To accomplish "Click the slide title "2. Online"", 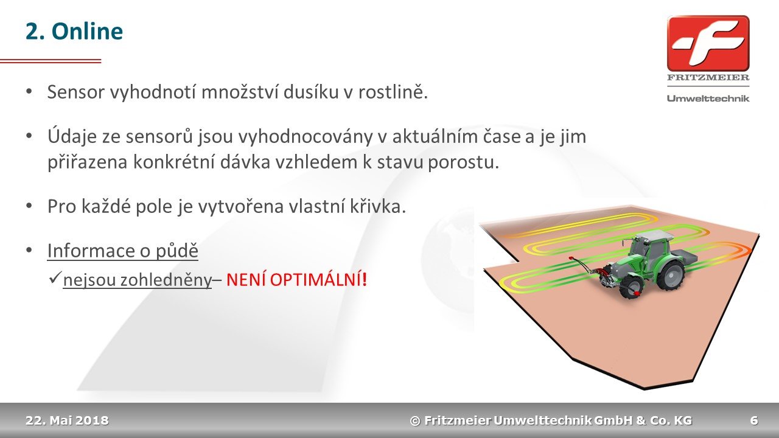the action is tap(74, 31).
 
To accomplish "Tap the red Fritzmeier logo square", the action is tap(708, 43).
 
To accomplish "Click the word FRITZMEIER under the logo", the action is tap(708, 77).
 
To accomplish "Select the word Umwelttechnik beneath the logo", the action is tap(708, 99).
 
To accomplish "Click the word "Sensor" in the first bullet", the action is tap(76, 92).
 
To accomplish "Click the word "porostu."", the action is tap(463, 162).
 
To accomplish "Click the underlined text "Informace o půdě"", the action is tap(123, 251).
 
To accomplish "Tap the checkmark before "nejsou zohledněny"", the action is tap(55, 278).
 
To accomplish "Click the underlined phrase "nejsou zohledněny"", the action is tap(138, 280).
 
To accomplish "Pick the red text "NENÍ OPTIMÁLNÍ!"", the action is tap(296, 279).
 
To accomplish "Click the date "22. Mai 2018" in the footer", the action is tap(67, 420).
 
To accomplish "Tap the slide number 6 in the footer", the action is tap(754, 420).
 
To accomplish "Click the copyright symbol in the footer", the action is tap(415, 421).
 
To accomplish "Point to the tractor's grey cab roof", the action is tap(652, 236).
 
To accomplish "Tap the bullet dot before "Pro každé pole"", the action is tap(29, 206).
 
